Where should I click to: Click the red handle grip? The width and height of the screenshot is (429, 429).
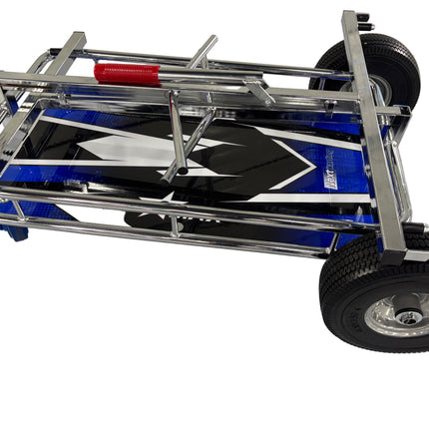[x=127, y=73]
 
